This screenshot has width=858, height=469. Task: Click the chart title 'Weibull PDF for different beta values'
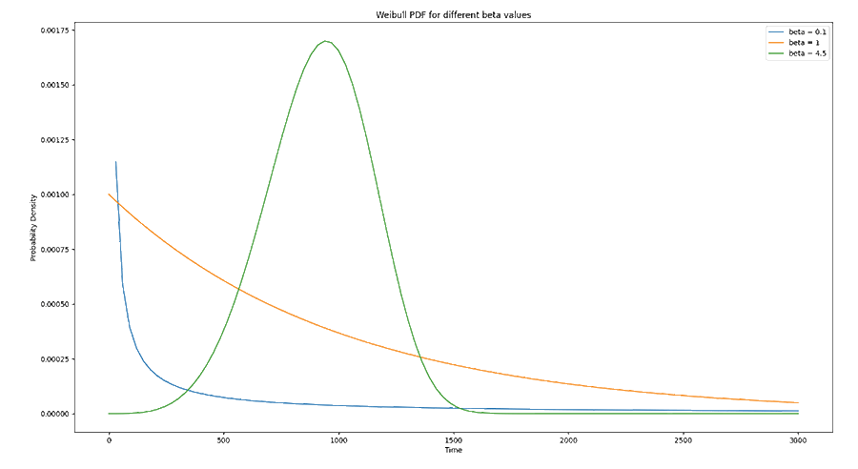point(454,12)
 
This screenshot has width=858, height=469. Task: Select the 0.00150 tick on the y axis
point(52,85)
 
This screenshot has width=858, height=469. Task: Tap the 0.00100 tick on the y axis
point(52,194)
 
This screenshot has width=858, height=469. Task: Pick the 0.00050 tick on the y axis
point(52,304)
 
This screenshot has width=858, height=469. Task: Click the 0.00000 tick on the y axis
point(52,414)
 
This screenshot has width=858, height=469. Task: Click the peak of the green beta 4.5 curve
point(326,41)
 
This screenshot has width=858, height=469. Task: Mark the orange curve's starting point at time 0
point(109,194)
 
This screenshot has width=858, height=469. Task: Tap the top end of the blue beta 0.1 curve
point(116,162)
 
